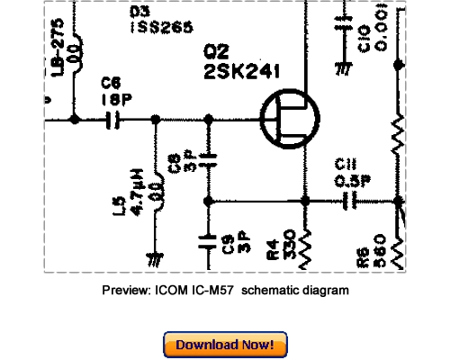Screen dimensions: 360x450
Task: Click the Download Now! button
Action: click(x=225, y=345)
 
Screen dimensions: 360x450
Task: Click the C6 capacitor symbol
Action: click(x=114, y=118)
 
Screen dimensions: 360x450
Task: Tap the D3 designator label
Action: click(x=139, y=12)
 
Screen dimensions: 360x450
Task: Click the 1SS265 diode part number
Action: click(x=161, y=28)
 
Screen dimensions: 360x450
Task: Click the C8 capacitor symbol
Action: click(x=209, y=161)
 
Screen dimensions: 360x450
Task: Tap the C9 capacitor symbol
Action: click(x=209, y=240)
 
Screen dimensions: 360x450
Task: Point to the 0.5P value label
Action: click(x=348, y=180)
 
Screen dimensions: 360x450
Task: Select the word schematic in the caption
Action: click(x=271, y=291)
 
